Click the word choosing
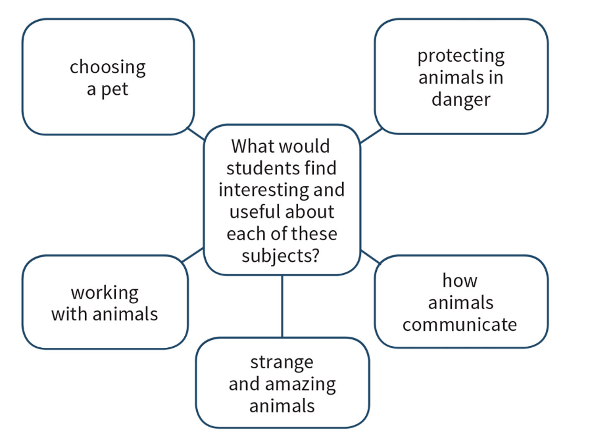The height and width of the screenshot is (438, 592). tap(108, 67)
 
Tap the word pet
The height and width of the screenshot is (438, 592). tap(116, 89)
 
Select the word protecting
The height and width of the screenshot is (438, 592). tap(460, 57)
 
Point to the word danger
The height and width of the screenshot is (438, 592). tap(460, 99)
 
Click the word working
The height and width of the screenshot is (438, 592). tap(105, 293)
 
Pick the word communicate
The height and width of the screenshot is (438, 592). tap(460, 324)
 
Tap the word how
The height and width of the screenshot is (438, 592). tap(460, 281)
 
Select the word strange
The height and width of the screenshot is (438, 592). tap(282, 362)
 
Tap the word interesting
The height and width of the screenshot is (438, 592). tap(261, 189)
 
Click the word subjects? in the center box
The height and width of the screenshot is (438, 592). tap(282, 255)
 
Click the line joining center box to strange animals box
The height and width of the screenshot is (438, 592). tap(282, 306)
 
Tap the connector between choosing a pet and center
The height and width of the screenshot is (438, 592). tap(196, 133)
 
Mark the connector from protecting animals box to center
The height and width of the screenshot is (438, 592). tap(371, 135)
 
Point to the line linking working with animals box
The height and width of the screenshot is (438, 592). tap(193, 255)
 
